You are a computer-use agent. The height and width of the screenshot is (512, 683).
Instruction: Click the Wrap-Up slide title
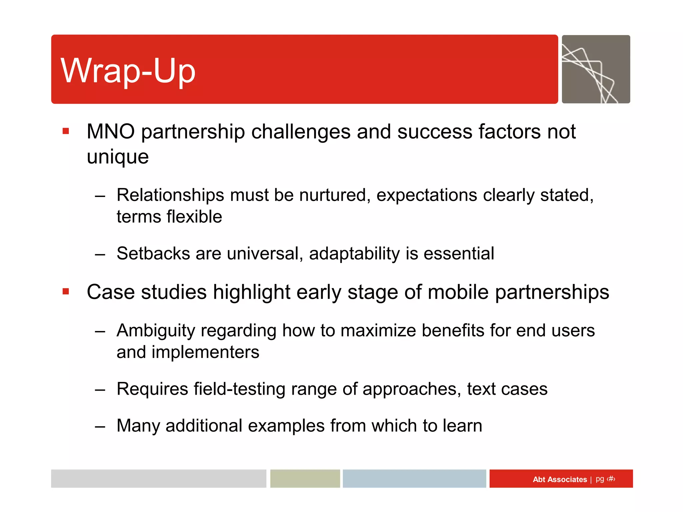coord(128,71)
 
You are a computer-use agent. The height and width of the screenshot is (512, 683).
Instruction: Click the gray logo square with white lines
coord(596,69)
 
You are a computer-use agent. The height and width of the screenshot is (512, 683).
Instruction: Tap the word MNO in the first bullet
coord(110,131)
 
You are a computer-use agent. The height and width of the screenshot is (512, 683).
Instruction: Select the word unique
coord(117,157)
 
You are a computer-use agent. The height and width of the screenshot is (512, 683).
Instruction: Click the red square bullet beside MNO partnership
coord(66,131)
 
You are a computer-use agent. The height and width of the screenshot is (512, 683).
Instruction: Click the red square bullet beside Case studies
coord(66,292)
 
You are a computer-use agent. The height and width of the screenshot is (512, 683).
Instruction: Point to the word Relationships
coord(170,195)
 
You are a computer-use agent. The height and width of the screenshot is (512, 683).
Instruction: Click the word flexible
coord(194,217)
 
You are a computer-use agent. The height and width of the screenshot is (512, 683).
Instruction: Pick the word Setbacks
coord(153,253)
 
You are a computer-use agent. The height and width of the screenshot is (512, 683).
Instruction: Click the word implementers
coord(205,352)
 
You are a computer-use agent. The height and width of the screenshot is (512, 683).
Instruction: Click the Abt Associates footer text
coord(560,479)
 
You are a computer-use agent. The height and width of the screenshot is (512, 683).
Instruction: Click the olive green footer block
coord(305,479)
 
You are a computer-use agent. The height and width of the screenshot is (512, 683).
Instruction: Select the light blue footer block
coord(414,479)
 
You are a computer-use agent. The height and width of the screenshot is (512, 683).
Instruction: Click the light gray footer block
coord(158,479)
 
